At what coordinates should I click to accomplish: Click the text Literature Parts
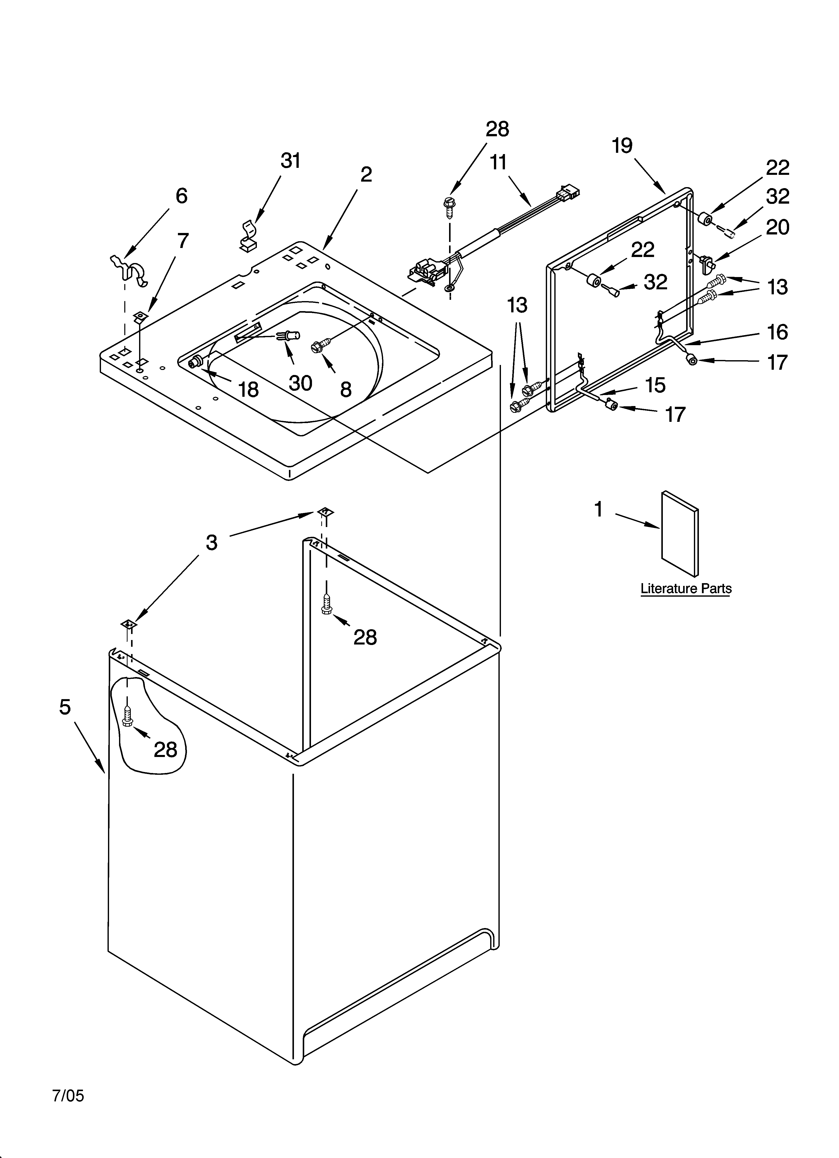click(686, 589)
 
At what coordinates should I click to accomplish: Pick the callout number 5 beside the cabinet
click(65, 707)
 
